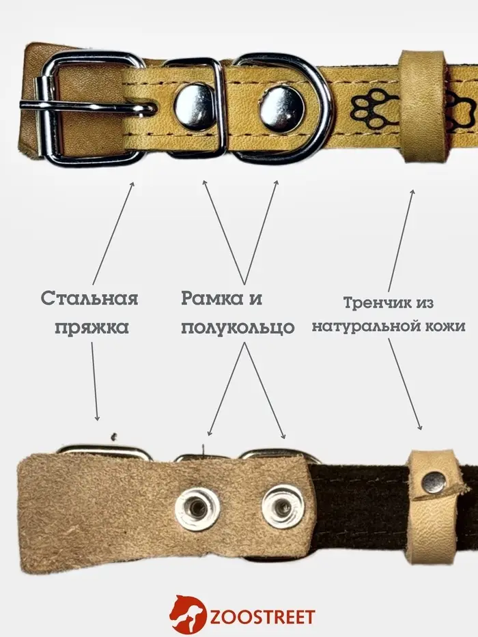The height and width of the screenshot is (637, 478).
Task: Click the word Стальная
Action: pos(89,298)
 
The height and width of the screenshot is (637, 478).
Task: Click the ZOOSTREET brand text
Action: pos(263,617)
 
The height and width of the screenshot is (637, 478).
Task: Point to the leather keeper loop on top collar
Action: pos(421,107)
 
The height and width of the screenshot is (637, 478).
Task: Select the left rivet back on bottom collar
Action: pos(197,508)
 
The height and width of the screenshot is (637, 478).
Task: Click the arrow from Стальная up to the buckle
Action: pos(113,233)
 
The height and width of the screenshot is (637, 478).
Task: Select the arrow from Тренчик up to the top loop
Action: pos(402,240)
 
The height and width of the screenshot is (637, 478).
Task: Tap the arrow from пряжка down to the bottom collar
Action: pos(94,382)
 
